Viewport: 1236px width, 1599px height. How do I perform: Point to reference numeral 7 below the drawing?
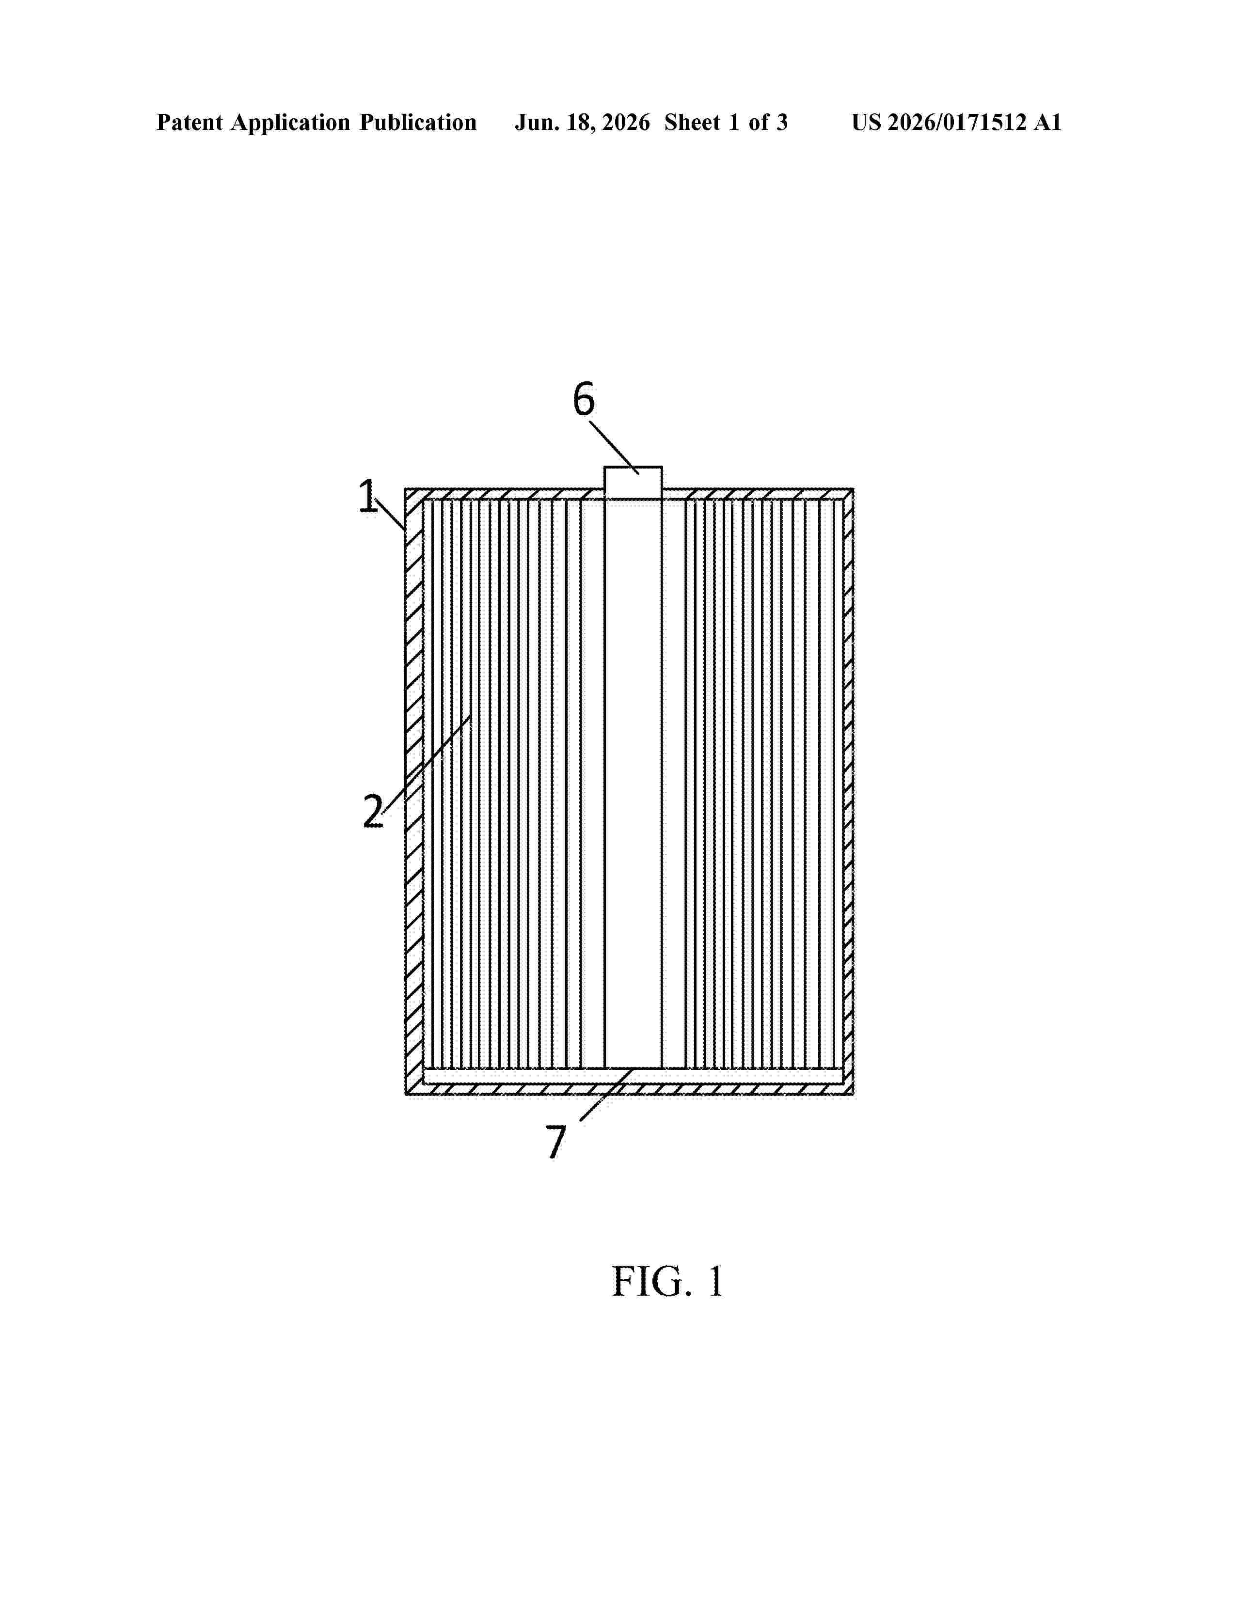click(556, 1142)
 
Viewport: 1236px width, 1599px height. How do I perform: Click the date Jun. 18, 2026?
click(582, 123)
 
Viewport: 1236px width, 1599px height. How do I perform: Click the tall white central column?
click(633, 784)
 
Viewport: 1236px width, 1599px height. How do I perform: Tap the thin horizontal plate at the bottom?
click(633, 1076)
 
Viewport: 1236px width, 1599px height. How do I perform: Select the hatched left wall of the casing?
click(414, 791)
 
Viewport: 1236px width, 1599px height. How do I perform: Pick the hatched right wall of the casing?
click(848, 791)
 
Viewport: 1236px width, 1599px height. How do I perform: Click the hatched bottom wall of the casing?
click(630, 1089)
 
